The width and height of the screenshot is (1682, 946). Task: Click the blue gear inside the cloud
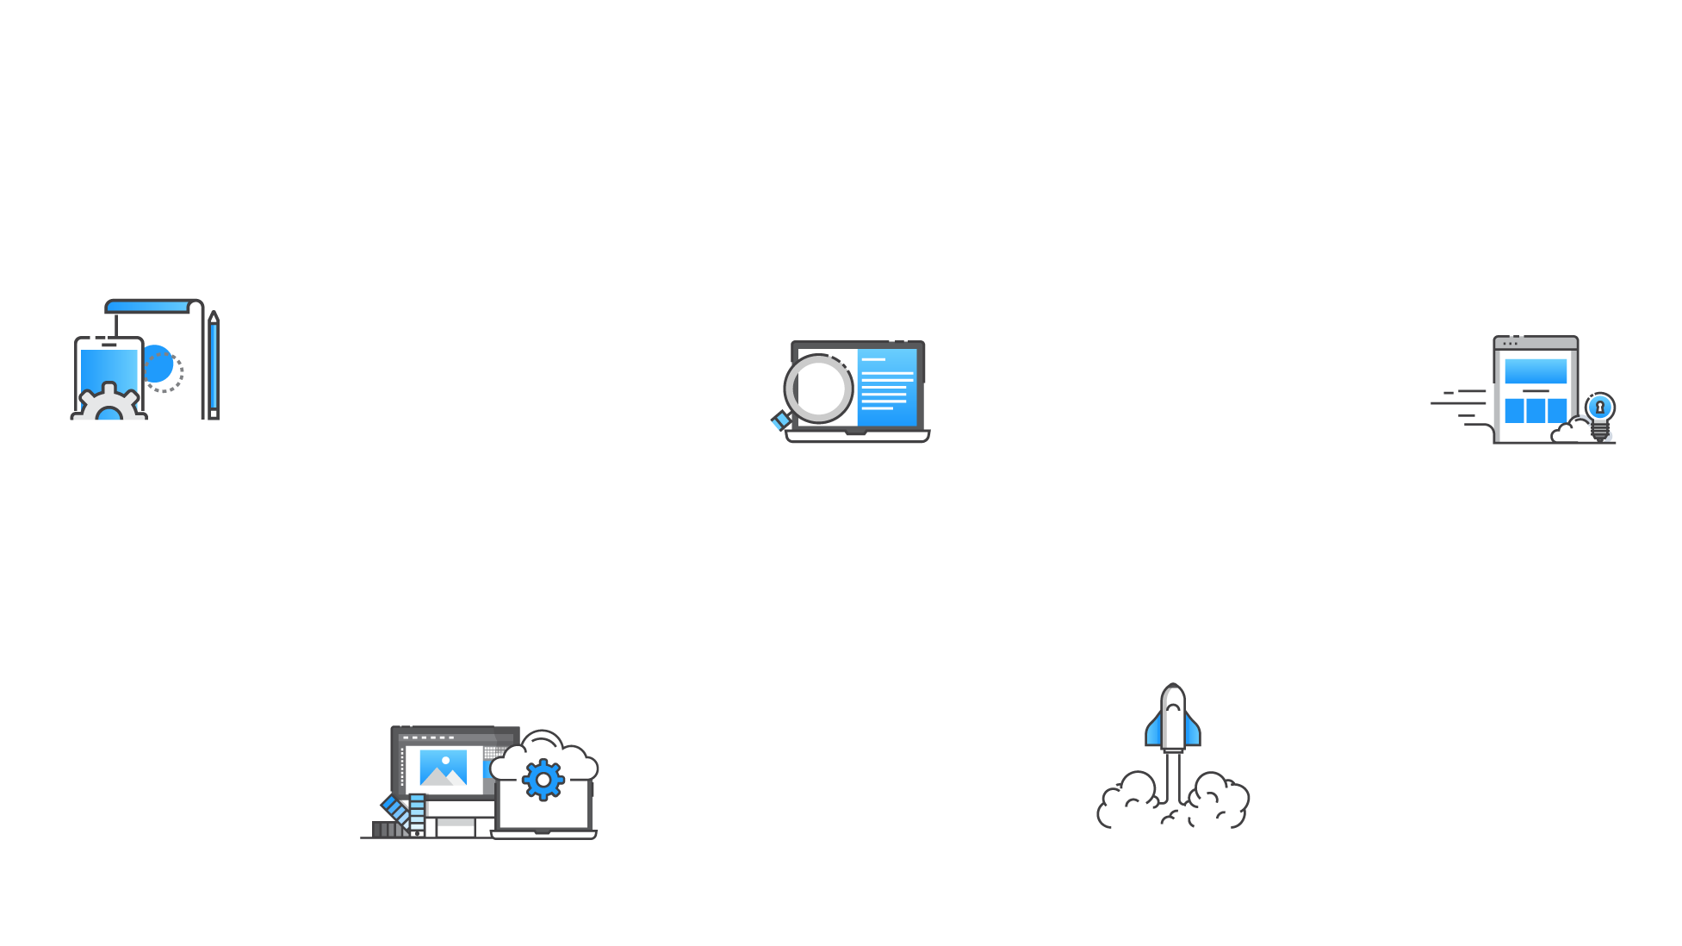coord(543,779)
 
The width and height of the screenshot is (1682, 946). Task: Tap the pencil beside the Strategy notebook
coord(214,366)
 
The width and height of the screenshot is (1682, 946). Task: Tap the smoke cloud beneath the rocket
coord(1173,805)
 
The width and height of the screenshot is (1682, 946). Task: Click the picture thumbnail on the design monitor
coord(443,768)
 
